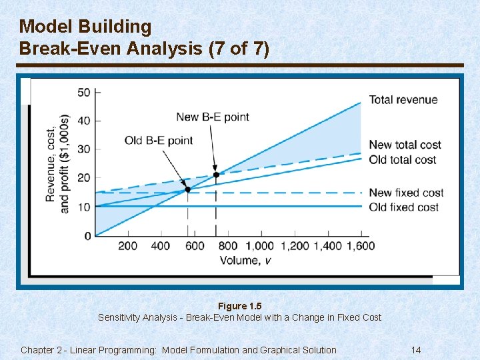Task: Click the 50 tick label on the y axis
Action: (84, 92)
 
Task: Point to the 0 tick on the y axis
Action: (87, 236)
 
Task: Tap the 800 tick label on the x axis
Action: (227, 246)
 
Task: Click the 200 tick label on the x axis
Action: (128, 246)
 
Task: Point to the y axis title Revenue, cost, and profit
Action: (57, 163)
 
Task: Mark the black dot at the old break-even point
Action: (187, 189)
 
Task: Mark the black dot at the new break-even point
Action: (215, 175)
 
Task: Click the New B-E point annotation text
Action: (212, 117)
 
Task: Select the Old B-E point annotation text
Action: (159, 140)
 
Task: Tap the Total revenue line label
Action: (403, 100)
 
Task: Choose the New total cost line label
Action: (405, 145)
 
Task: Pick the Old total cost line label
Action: (403, 159)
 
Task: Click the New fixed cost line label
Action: (406, 193)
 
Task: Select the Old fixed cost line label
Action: (404, 207)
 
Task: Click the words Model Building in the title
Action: (85, 27)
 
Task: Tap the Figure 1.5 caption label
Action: (239, 306)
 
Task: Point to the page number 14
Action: (416, 350)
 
